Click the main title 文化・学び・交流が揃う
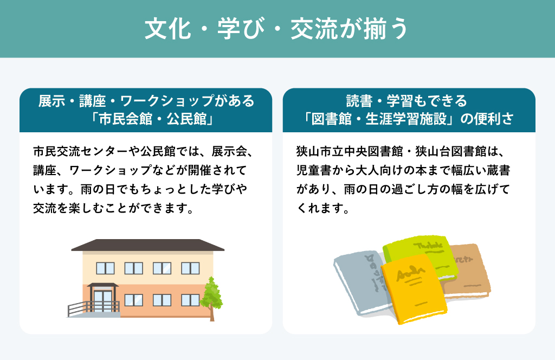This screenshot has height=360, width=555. tap(277, 29)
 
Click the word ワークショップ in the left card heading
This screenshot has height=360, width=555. tap(167, 101)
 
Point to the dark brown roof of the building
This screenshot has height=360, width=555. tap(147, 245)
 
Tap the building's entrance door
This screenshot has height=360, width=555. tap(102, 301)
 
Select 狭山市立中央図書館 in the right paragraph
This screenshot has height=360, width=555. tap(350, 151)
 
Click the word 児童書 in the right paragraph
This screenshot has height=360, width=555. tap(314, 171)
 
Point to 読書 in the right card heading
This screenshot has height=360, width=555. tap(359, 101)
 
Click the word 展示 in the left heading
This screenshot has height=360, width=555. tap(51, 101)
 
